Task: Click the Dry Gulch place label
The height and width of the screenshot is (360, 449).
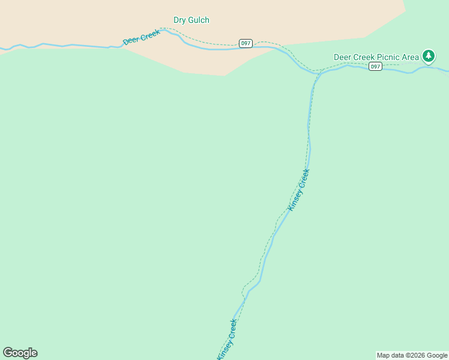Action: tap(191, 20)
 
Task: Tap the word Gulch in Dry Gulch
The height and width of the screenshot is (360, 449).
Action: tap(198, 20)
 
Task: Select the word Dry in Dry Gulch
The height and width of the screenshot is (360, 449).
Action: tap(179, 20)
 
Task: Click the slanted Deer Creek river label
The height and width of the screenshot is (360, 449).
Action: tap(142, 37)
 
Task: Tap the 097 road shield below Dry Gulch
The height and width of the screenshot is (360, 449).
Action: tap(246, 43)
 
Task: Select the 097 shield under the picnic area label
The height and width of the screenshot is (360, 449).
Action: tap(375, 66)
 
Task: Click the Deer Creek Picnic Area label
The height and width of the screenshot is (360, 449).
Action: tap(376, 57)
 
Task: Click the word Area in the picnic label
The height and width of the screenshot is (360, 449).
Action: tap(411, 57)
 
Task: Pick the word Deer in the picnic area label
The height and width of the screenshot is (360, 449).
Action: tap(343, 57)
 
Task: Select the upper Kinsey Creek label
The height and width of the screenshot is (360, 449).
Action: tap(299, 190)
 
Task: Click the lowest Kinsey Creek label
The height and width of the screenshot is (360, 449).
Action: tap(227, 340)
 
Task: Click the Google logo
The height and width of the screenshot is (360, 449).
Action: tap(20, 353)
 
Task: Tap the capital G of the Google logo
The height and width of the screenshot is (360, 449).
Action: tap(8, 353)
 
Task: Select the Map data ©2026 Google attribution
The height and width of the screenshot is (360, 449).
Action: tap(412, 355)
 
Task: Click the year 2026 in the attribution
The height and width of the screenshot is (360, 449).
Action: tap(415, 355)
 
